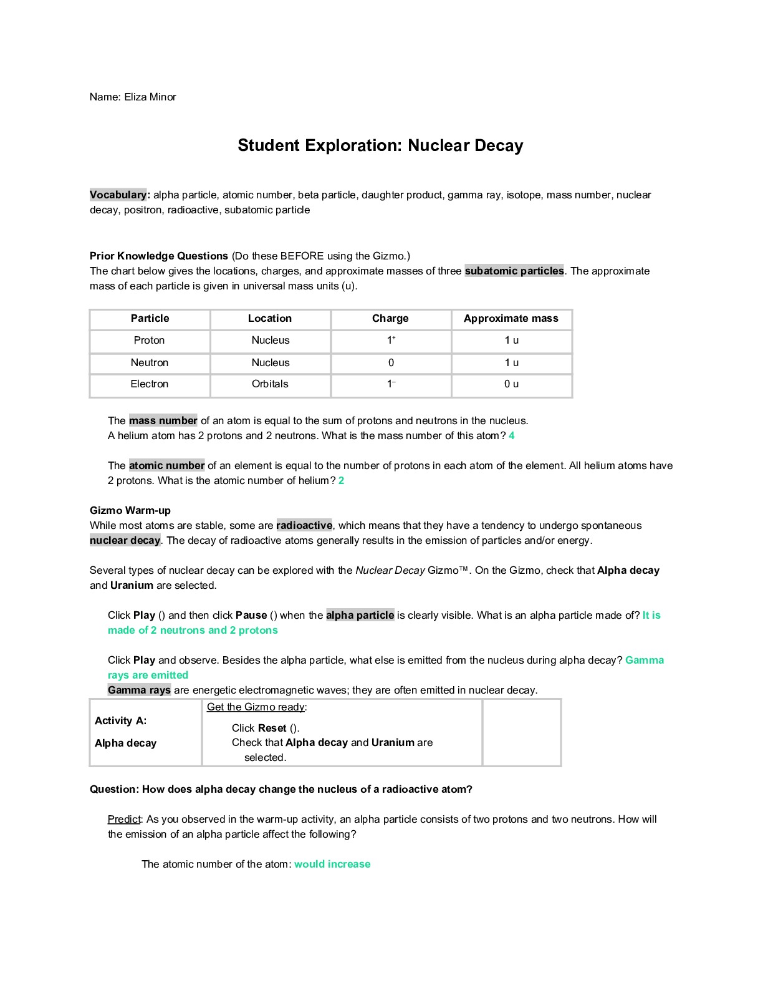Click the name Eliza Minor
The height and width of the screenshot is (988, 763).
150,97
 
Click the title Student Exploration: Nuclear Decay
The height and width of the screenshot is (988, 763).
380,146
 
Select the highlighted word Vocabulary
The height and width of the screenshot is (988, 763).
118,195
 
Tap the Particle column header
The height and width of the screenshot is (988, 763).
150,319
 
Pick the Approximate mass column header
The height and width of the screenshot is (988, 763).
511,319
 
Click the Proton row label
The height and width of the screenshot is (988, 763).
150,341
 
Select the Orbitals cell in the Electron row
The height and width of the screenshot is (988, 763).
270,384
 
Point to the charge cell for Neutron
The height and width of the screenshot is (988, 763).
391,363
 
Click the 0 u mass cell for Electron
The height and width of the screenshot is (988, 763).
511,384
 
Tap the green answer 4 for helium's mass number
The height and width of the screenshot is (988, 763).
512,436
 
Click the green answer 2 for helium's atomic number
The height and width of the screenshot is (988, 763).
341,481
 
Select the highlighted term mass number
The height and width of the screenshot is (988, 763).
163,421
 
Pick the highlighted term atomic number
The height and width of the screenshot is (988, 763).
166,466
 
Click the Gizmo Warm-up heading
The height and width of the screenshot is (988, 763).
130,511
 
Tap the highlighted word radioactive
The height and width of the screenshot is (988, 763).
304,526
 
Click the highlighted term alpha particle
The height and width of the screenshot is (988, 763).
360,616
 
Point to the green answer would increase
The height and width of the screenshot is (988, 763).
332,864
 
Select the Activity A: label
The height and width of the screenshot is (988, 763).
121,721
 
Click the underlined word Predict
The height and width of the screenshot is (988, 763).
124,820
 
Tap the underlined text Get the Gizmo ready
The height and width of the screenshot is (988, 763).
256,707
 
